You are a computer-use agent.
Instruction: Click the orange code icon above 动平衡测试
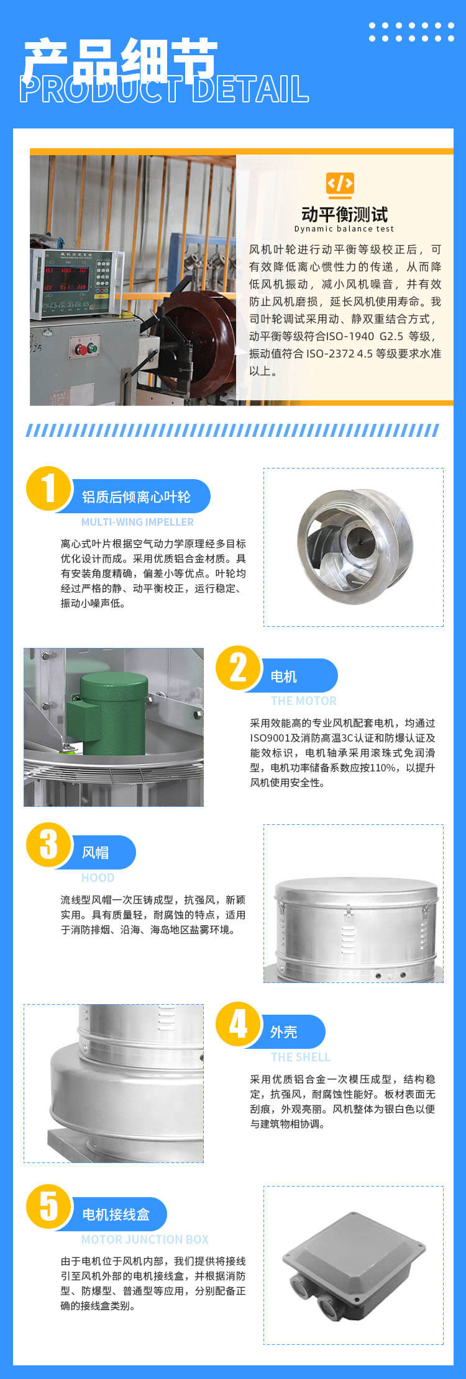[340, 184]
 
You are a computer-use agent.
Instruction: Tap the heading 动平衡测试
[344, 214]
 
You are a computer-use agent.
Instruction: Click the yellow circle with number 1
[48, 488]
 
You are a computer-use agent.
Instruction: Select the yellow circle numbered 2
[239, 668]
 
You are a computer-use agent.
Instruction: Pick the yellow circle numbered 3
[48, 845]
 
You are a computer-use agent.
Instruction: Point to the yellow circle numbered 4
[239, 1024]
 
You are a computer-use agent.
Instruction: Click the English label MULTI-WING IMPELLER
[137, 522]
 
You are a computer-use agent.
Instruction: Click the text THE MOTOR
[303, 701]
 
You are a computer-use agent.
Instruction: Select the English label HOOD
[98, 878]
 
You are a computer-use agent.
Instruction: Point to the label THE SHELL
[300, 1057]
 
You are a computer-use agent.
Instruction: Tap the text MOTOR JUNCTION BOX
[145, 1239]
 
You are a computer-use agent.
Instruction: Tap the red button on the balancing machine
[81, 349]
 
